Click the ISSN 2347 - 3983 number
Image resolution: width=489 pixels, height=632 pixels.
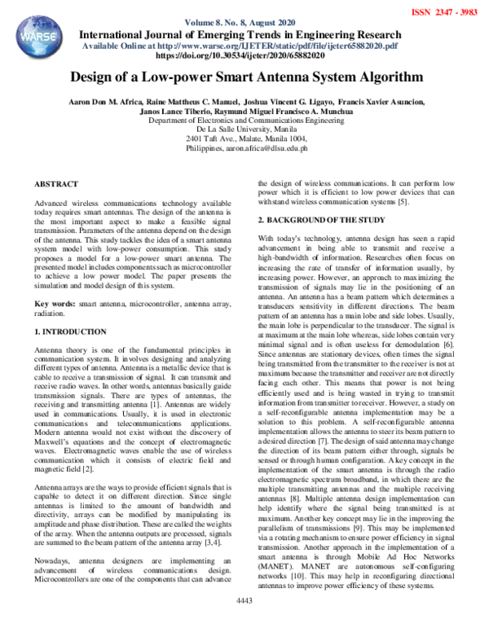447,12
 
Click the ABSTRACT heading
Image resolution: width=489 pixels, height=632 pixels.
57,186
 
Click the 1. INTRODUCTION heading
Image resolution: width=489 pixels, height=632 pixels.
71,332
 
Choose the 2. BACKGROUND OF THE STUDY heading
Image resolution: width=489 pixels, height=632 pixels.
326,221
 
